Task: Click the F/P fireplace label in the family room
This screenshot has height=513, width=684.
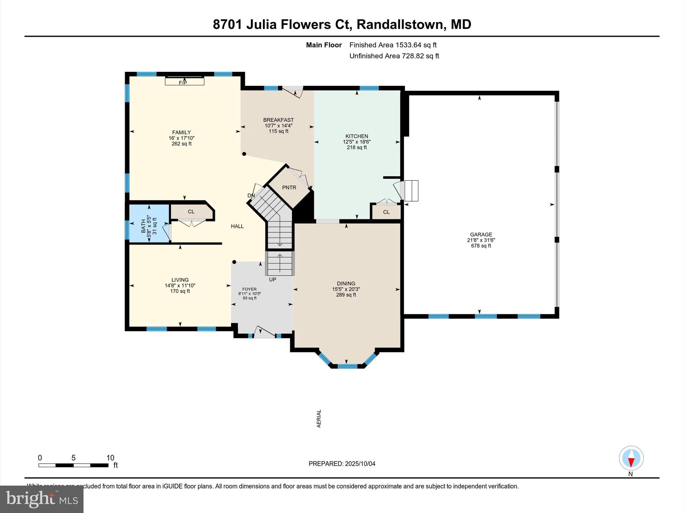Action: click(x=183, y=82)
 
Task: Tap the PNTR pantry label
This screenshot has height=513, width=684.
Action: click(x=289, y=188)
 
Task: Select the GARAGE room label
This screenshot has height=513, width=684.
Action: click(x=481, y=234)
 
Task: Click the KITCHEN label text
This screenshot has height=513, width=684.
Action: click(x=357, y=136)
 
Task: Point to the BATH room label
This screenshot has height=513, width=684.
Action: click(x=144, y=226)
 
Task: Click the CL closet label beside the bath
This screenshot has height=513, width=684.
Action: click(x=191, y=212)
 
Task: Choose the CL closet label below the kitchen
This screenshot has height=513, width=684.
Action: click(x=386, y=212)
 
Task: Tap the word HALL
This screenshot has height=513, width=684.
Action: click(x=237, y=226)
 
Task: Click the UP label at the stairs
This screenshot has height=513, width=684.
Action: click(x=273, y=280)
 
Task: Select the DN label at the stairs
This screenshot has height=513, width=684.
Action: click(x=251, y=196)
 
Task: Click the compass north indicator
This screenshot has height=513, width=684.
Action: click(x=631, y=458)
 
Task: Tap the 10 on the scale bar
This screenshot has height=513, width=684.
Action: click(x=110, y=458)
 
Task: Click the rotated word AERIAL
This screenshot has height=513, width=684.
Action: click(x=319, y=418)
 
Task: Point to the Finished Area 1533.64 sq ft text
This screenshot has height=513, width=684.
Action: click(x=393, y=45)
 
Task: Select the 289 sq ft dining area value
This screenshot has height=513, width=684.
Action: click(x=346, y=295)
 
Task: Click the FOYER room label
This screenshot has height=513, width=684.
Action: click(x=249, y=289)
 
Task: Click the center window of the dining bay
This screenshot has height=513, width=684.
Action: click(x=347, y=366)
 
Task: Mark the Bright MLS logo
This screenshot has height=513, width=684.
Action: click(x=42, y=499)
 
